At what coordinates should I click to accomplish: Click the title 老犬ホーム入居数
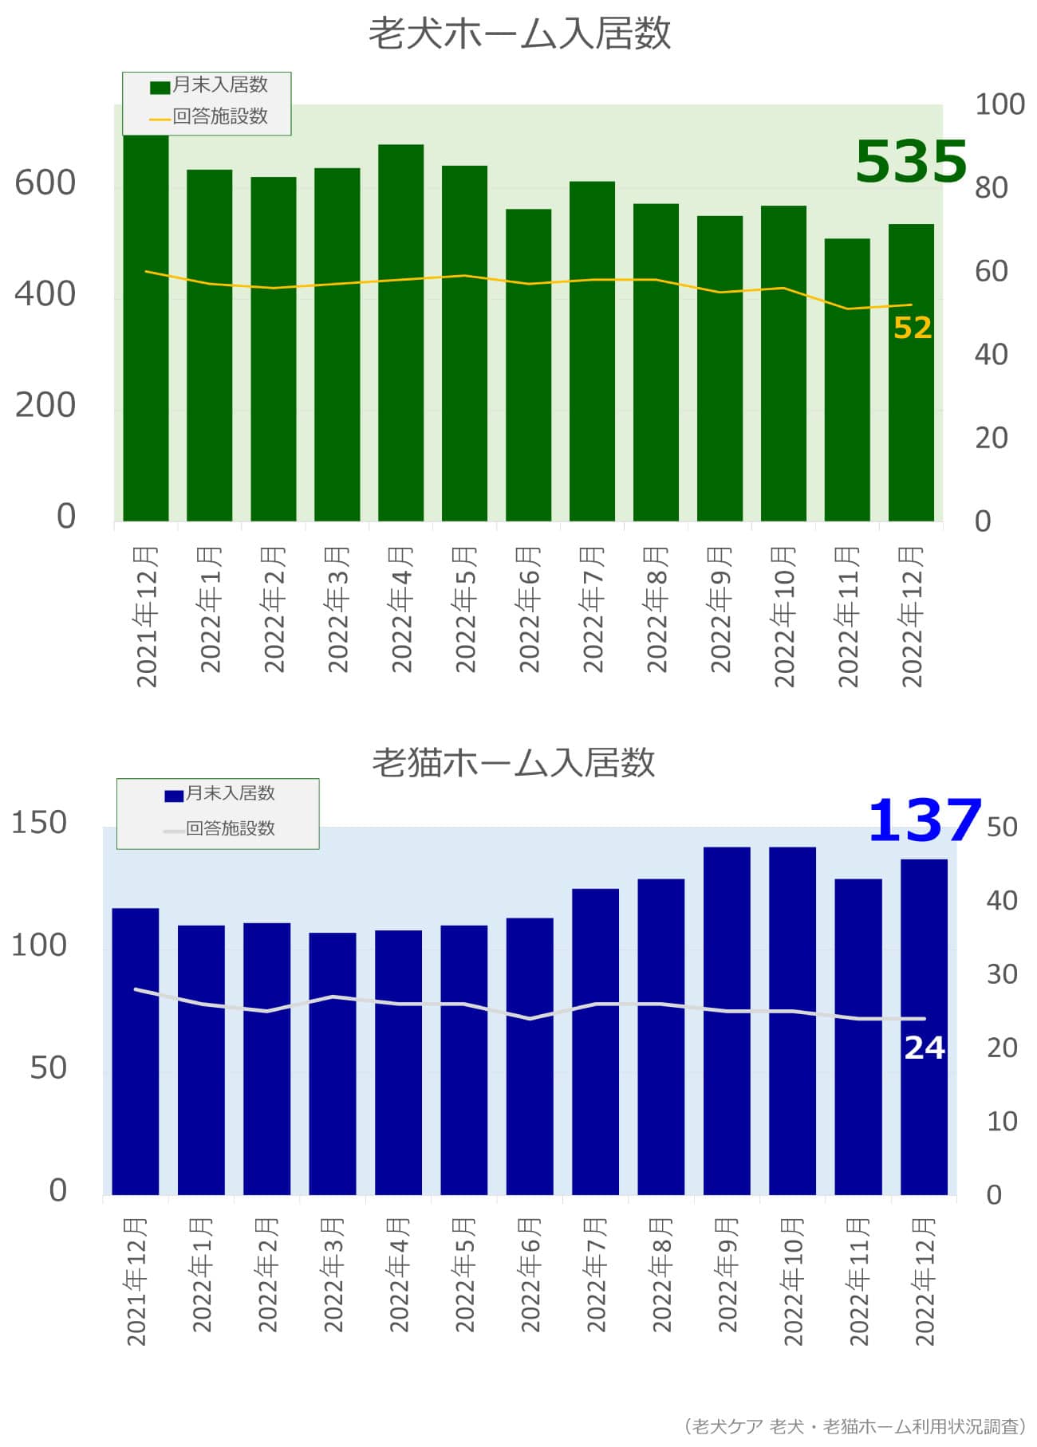pyautogui.click(x=519, y=34)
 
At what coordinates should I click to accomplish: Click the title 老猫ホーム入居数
pyautogui.click(x=514, y=763)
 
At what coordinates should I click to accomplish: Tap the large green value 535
pyautogui.click(x=910, y=162)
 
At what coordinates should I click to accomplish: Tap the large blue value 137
pyautogui.click(x=924, y=820)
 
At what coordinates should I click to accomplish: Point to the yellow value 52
pyautogui.click(x=913, y=328)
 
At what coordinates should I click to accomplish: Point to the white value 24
pyautogui.click(x=924, y=1048)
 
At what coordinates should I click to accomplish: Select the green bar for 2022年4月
pyautogui.click(x=400, y=335)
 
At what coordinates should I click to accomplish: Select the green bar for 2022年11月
pyautogui.click(x=847, y=383)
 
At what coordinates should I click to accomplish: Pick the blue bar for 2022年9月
pyautogui.click(x=727, y=1020)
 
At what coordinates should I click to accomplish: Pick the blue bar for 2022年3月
pyautogui.click(x=333, y=1064)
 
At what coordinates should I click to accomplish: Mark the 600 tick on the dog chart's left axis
pyautogui.click(x=45, y=183)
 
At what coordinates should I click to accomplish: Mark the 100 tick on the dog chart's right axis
pyautogui.click(x=1000, y=104)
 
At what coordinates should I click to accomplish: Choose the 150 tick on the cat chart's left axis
pyautogui.click(x=39, y=823)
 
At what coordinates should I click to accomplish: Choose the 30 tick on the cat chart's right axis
pyautogui.click(x=1002, y=974)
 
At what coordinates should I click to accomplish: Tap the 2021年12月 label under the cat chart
pyautogui.click(x=136, y=1280)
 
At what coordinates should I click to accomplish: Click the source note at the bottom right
pyautogui.click(x=854, y=1425)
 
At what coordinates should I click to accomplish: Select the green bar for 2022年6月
pyautogui.click(x=528, y=367)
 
